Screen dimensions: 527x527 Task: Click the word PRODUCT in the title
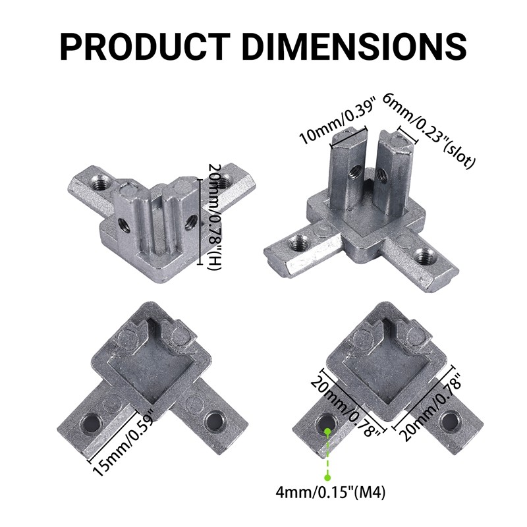point(145,47)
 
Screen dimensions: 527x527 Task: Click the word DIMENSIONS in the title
point(354,47)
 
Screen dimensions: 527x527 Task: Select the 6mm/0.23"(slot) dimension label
point(429,130)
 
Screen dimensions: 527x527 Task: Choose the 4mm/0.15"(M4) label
point(331,493)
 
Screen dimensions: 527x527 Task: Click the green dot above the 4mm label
point(327,477)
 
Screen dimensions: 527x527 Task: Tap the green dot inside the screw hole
point(327,431)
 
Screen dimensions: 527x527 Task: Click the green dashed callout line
point(327,454)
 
